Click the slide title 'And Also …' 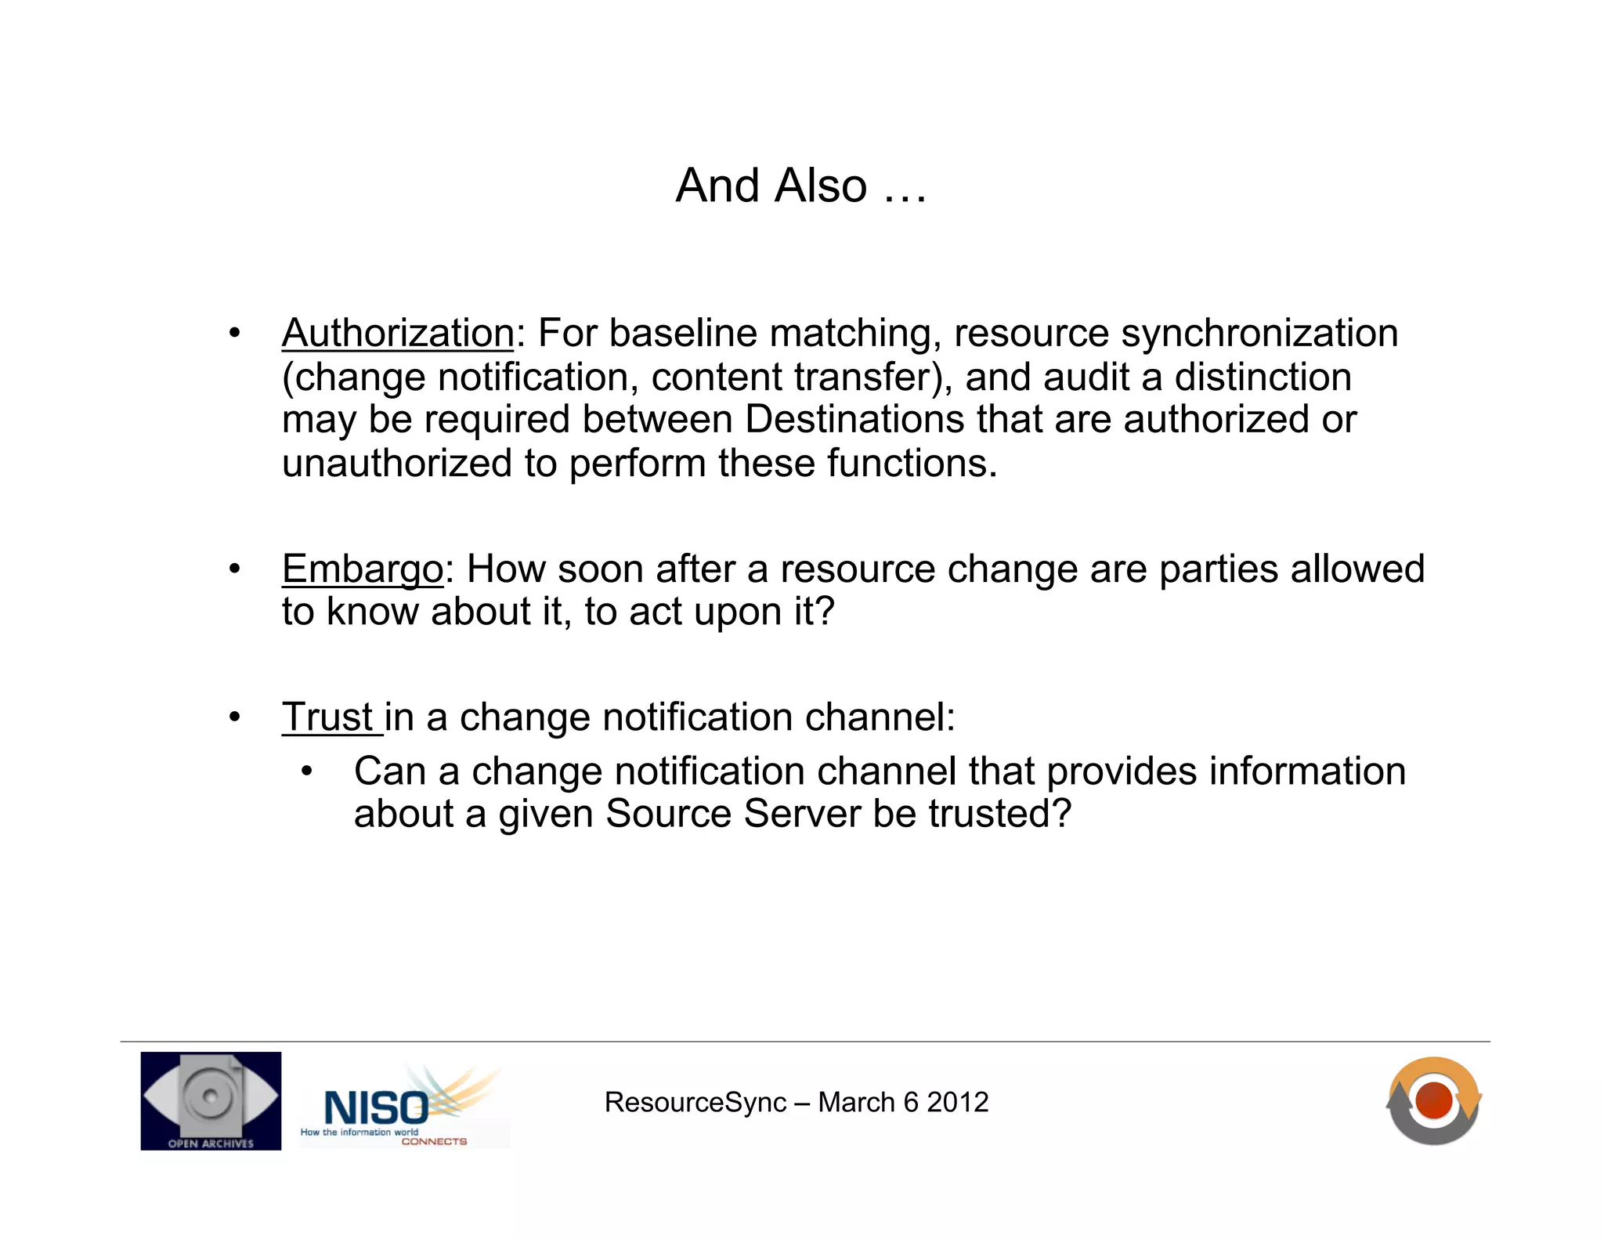(x=800, y=186)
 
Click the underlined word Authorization (x=398, y=334)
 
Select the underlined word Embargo (x=363, y=569)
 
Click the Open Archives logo (x=211, y=1100)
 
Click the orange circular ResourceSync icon (x=1433, y=1100)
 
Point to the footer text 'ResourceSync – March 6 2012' (x=796, y=1102)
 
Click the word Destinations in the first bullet (x=854, y=420)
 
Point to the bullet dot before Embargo (x=234, y=569)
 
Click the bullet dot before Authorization (x=234, y=334)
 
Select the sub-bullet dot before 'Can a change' (x=306, y=771)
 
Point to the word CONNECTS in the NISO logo (x=434, y=1142)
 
